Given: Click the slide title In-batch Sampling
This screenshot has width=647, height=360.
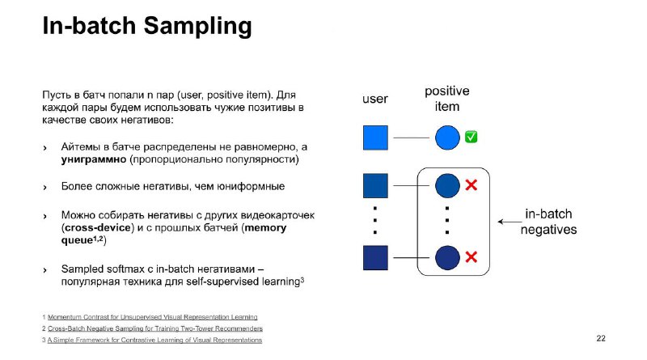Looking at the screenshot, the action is click(x=147, y=26).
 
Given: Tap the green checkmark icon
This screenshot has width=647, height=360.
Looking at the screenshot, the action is click(x=471, y=137).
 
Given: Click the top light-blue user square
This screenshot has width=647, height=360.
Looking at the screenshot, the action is click(x=375, y=138).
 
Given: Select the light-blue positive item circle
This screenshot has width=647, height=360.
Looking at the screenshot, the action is click(x=447, y=138).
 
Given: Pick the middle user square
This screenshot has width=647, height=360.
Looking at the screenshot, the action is click(x=375, y=186).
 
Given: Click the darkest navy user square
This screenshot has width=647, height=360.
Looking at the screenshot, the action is click(x=375, y=258).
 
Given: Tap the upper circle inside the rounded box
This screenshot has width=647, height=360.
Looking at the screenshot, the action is click(x=447, y=186).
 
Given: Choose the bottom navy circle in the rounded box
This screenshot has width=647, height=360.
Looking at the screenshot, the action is click(x=447, y=257).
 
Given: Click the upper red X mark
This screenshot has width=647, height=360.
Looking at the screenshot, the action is click(x=472, y=185).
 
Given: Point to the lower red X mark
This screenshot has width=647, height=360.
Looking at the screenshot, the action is click(x=472, y=257).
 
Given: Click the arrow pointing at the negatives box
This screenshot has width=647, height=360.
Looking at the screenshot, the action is click(x=510, y=222).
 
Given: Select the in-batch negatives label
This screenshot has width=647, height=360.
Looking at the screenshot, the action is click(x=548, y=222).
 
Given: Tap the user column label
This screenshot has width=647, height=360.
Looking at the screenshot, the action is click(x=375, y=99).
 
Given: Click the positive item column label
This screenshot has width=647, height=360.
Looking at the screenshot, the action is click(x=447, y=99).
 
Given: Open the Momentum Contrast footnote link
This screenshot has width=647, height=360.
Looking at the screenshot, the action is click(x=152, y=317).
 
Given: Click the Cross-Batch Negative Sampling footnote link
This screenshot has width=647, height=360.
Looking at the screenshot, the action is click(x=155, y=328).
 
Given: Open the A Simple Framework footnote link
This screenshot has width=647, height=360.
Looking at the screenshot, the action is click(x=154, y=341).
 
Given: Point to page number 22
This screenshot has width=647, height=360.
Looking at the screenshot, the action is click(x=601, y=338).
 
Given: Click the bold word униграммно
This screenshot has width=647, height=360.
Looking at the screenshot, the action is click(x=94, y=159).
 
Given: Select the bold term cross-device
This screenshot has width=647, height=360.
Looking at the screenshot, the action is click(x=98, y=228).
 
